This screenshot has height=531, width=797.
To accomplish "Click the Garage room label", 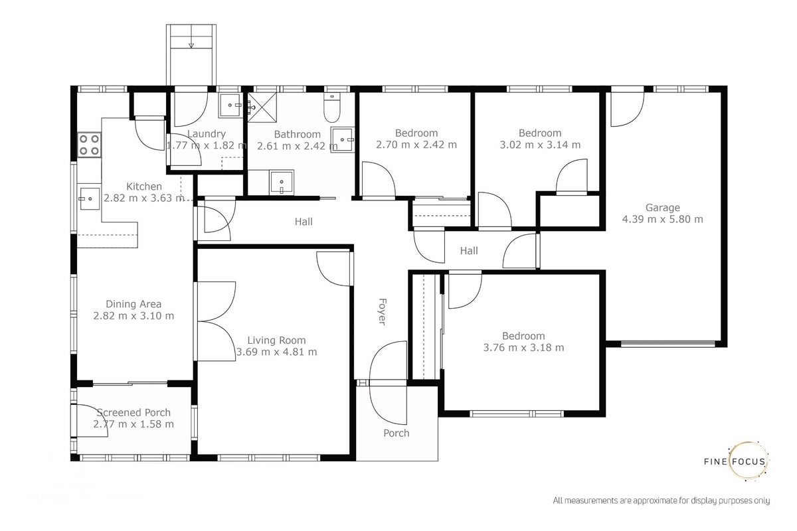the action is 663,207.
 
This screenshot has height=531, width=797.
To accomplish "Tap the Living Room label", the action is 276,341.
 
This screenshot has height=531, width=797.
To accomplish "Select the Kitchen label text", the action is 144,187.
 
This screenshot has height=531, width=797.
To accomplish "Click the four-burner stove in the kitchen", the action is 89,145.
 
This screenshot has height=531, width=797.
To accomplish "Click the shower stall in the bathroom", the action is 262,107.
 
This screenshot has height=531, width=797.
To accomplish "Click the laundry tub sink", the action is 230,106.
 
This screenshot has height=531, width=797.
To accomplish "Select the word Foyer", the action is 382,311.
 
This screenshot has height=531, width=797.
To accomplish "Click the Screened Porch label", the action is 133,413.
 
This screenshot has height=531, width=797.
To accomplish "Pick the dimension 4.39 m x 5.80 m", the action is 663,219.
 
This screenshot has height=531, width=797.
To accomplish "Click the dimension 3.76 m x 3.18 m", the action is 523,348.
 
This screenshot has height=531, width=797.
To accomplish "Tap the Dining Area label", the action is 133,304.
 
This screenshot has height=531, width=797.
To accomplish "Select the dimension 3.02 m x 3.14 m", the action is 540,145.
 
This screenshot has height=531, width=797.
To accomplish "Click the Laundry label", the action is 207,133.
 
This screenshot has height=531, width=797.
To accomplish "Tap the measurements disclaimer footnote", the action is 662,500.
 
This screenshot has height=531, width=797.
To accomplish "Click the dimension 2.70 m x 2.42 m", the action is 416,145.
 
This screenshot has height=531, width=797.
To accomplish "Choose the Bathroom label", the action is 297,135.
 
